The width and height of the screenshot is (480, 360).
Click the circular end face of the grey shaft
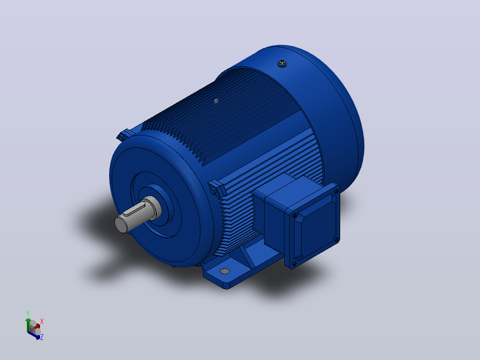(121, 224)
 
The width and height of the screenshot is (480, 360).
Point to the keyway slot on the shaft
(134, 210)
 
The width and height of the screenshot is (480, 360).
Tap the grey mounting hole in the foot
(224, 271)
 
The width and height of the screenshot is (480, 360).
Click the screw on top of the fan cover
(282, 64)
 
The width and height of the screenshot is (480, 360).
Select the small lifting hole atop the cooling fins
(216, 101)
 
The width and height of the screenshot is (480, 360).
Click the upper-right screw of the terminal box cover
(336, 192)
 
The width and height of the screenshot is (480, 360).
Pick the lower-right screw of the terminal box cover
(336, 240)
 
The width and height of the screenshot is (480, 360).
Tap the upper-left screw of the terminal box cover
(294, 216)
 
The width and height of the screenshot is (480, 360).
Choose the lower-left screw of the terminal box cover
(294, 263)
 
